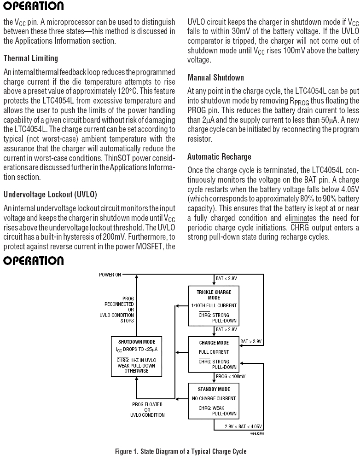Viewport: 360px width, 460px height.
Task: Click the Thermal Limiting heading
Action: coord(30,58)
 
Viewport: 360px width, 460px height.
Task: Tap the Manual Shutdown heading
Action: coord(216,77)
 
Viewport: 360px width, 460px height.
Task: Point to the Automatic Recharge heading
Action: coord(219,157)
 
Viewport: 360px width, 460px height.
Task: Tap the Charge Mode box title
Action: coord(214,343)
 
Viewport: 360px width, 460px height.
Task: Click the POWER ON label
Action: coord(110,275)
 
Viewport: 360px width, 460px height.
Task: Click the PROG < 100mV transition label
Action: coord(230,376)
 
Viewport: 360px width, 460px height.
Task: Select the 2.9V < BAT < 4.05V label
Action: coord(243,426)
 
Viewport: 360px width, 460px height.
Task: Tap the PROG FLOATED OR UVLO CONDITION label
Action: coord(147,409)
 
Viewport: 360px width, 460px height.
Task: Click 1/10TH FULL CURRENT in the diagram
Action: coord(214,305)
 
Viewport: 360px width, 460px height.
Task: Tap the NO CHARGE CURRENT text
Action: coord(214,398)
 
